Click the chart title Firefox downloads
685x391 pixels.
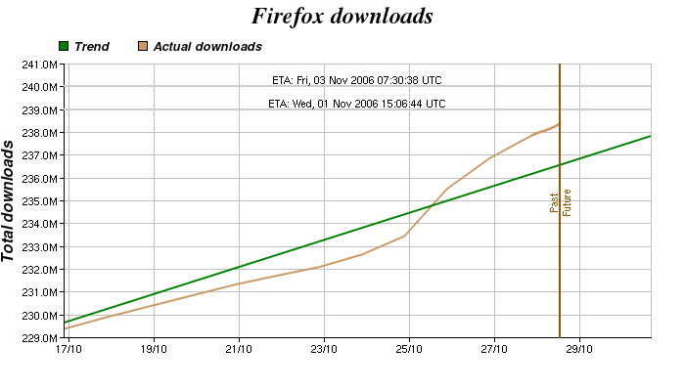342,17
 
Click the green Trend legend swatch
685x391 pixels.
65,46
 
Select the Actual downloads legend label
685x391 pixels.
207,46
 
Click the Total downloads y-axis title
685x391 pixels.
9,200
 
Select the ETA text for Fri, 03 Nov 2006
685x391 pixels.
357,80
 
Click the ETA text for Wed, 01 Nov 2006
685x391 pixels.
357,103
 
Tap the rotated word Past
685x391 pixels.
554,202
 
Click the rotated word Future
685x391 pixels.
567,202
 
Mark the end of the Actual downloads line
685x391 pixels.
559,124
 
